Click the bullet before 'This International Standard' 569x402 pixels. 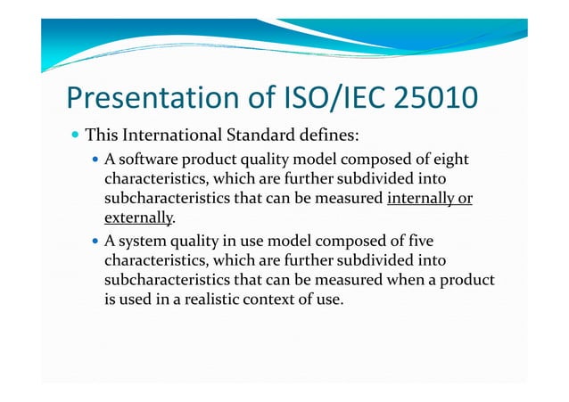pos(75,137)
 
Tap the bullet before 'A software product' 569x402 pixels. pos(96,160)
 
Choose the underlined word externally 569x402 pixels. pos(138,217)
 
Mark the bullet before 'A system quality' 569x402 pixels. pos(96,242)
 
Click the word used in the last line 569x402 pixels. pos(133,298)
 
